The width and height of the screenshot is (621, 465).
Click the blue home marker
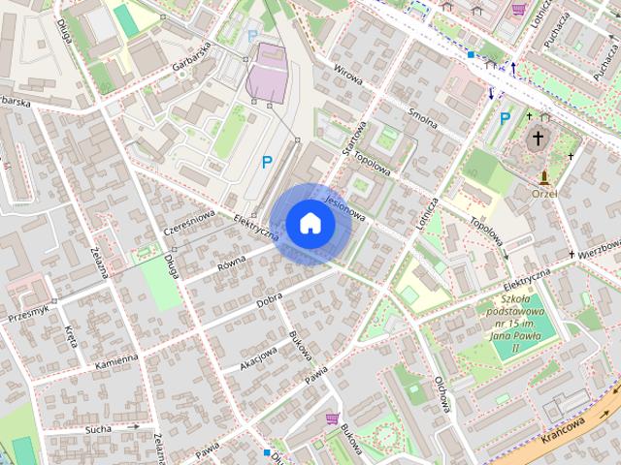[x=310, y=224]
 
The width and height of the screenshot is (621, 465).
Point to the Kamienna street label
[x=116, y=362]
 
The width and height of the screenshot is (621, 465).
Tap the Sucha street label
[x=98, y=427]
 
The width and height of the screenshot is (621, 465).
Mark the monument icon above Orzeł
[x=544, y=177]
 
